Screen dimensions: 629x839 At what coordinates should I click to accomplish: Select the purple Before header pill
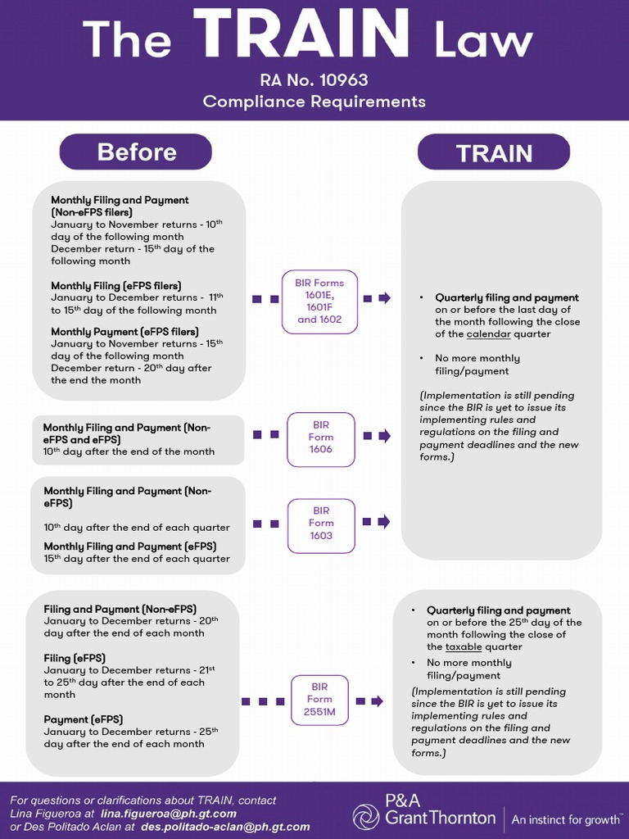coord(136,152)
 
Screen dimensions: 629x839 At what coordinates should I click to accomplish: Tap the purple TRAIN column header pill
coord(494,152)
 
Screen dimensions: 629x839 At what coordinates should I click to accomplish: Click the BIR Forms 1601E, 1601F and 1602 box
coord(320,302)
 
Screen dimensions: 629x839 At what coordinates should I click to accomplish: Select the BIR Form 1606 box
coord(321,439)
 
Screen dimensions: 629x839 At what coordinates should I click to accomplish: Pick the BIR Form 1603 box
coord(321,525)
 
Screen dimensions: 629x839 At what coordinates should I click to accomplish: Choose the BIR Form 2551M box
coord(319,700)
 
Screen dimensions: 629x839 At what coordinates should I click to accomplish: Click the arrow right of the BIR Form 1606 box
coord(377,436)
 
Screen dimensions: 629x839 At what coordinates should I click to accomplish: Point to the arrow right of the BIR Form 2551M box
coord(369,701)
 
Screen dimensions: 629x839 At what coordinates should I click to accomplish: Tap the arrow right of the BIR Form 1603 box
coord(377,522)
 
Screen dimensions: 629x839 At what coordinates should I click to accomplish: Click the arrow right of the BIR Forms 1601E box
coord(377,298)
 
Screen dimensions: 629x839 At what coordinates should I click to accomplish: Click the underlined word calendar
coord(488,334)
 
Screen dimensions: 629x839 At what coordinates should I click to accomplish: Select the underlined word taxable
coord(464,647)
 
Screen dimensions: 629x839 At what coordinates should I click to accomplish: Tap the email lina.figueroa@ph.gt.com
coord(169,814)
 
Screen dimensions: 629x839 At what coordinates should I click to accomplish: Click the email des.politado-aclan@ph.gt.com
coord(226,827)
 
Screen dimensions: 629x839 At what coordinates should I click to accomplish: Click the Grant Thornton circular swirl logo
coord(366,817)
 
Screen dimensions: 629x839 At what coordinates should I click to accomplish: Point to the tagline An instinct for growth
coord(566,819)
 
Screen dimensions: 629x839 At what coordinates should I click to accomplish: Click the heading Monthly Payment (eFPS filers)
coord(124,332)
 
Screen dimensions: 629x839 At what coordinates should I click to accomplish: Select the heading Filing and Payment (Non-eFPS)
coord(120,609)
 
